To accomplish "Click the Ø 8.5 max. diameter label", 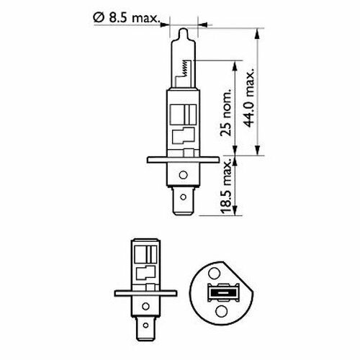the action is (127, 18).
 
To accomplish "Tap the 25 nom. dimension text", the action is (226, 112).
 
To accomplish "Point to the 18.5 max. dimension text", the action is (226, 186).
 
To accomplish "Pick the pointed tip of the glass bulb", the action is (184, 29).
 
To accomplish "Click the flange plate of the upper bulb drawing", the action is (183, 160).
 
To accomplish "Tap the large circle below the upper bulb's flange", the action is (184, 175).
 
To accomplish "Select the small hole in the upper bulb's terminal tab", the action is (183, 197).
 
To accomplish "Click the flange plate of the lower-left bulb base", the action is (145, 293).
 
